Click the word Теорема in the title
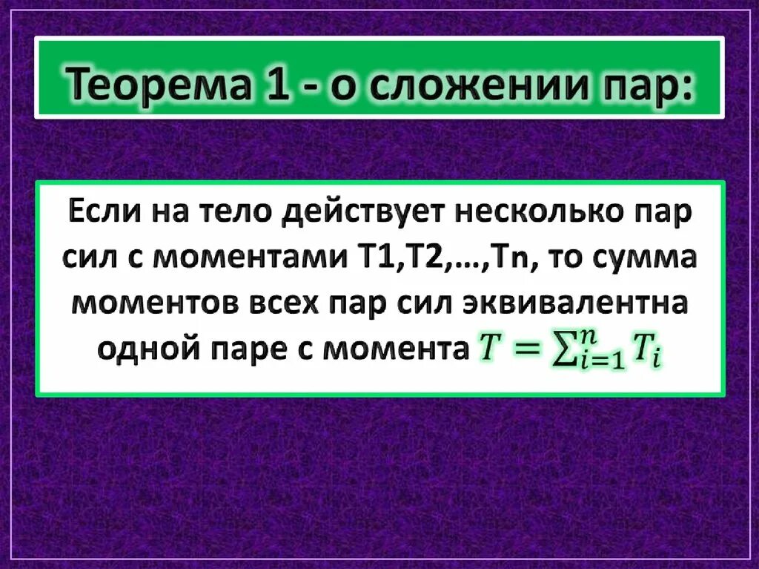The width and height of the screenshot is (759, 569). [145, 80]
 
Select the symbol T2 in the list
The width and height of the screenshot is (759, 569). [405, 260]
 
